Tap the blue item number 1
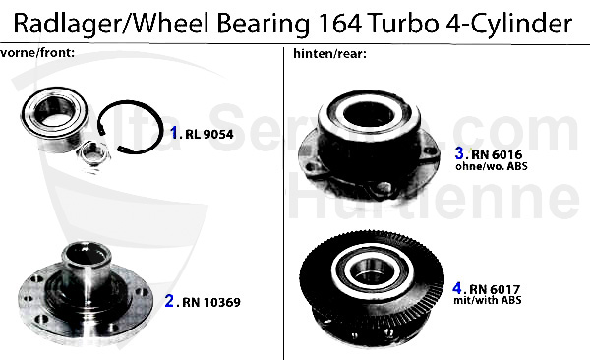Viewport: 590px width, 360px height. [x=174, y=131]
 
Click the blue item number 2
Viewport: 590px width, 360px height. [x=169, y=302]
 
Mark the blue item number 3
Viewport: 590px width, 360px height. [x=458, y=153]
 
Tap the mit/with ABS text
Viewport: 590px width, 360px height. [x=498, y=300]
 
